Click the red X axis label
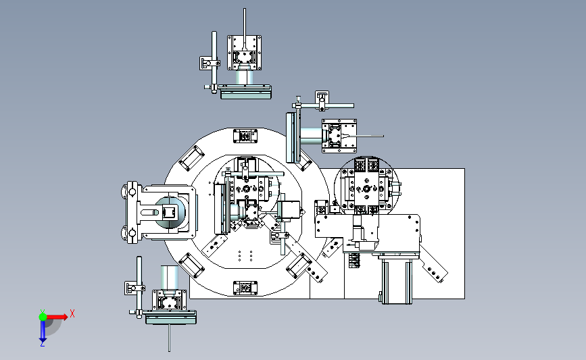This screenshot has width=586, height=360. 72,313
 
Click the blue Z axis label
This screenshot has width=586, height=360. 42,344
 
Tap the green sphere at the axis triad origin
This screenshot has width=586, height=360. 43,317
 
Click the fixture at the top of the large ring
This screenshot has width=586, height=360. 245,136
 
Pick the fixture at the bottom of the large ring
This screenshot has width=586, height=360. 245,288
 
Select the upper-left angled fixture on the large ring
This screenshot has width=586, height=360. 192,158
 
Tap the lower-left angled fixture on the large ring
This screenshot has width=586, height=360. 192,265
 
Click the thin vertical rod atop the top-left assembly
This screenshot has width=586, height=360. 245,27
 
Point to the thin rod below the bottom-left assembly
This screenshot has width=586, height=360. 169,338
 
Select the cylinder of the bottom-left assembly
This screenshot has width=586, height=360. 169,277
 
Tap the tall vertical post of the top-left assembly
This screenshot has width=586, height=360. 214,62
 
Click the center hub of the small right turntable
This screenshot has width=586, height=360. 366,188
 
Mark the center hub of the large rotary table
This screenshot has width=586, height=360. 246,188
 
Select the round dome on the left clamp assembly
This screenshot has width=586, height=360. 170,213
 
